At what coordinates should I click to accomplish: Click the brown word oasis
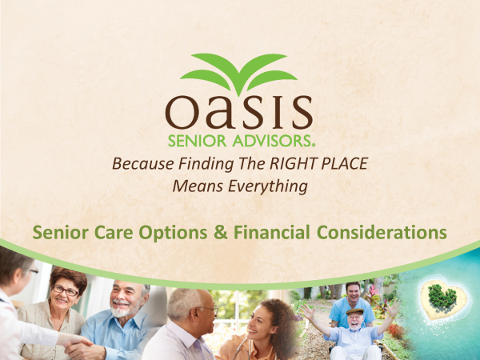[239, 112]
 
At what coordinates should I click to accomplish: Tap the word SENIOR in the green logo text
[197, 141]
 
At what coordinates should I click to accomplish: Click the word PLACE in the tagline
[344, 163]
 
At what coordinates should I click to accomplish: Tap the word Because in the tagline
[143, 164]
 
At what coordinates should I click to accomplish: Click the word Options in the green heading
[173, 232]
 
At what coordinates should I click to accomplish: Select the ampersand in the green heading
[221, 232]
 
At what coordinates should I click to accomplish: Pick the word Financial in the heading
[271, 232]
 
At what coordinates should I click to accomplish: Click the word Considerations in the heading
[382, 232]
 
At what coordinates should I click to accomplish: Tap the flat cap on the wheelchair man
[354, 312]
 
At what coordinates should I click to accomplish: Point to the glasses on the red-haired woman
[66, 291]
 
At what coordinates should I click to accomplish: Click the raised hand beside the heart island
[394, 307]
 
